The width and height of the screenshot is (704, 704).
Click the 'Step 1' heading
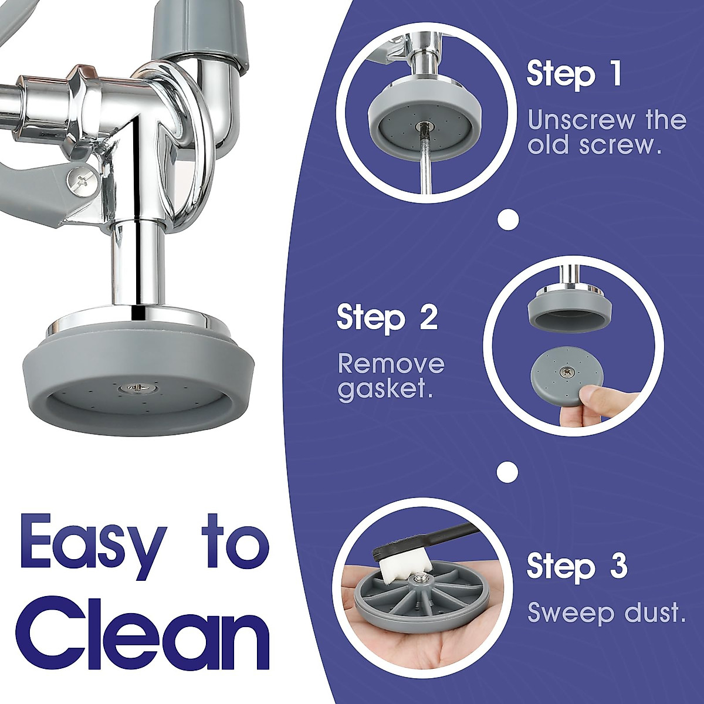(x=573, y=75)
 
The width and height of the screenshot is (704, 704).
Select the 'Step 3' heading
(x=577, y=566)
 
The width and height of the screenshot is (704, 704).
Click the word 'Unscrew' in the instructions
(x=581, y=120)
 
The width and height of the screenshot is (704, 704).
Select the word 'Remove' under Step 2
(x=391, y=364)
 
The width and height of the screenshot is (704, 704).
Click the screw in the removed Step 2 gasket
(x=567, y=371)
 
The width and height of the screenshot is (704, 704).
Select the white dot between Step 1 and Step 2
(x=508, y=220)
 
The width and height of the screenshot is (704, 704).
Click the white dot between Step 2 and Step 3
(x=507, y=471)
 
